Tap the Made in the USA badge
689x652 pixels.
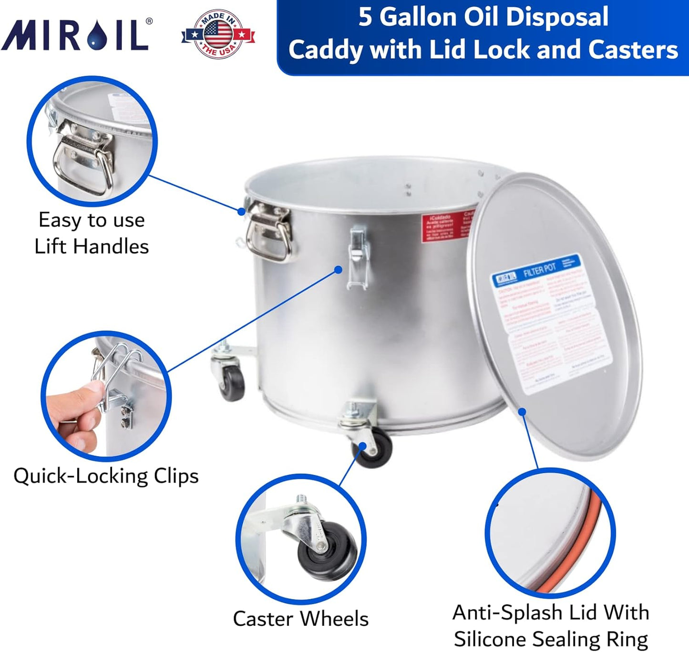218,34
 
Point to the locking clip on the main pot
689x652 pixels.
358,258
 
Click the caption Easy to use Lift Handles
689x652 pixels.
92,233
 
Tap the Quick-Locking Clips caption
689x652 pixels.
106,476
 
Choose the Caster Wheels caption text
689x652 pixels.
300,619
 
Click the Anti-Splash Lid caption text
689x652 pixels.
551,625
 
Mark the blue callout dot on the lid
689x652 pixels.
522,411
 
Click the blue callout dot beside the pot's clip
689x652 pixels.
338,270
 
